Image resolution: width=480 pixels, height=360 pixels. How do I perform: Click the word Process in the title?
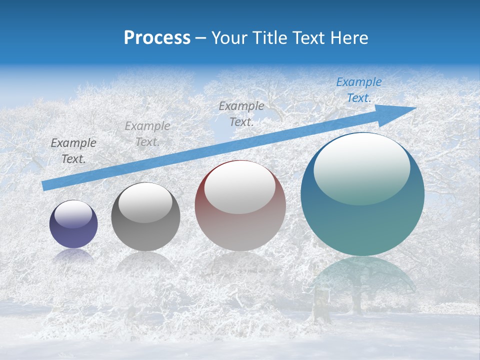[x=157, y=38]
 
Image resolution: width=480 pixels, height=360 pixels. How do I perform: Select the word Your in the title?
[x=228, y=38]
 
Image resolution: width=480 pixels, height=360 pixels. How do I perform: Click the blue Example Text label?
[x=358, y=90]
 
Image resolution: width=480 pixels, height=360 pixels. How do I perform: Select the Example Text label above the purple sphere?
[x=73, y=151]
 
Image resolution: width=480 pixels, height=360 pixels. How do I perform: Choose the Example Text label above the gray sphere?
[x=147, y=134]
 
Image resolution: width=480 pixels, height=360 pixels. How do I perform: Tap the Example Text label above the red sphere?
[x=241, y=113]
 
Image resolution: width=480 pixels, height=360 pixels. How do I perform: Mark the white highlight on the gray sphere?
[x=145, y=202]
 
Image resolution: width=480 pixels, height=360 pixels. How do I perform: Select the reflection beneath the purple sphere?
[x=73, y=255]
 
